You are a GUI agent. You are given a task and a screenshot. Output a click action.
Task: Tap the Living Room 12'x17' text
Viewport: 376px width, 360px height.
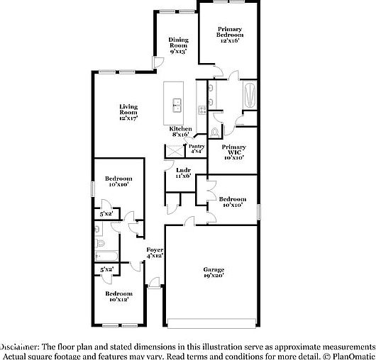pyautogui.click(x=128, y=112)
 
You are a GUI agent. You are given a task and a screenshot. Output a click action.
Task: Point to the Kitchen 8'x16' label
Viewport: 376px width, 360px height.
pyautogui.click(x=179, y=130)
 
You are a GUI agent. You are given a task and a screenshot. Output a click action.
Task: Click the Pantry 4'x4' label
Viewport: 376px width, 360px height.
pyautogui.click(x=197, y=148)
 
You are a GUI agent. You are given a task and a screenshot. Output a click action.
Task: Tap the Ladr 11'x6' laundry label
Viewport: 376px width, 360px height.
pyautogui.click(x=184, y=172)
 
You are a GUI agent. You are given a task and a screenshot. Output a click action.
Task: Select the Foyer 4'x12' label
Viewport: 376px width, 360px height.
pyautogui.click(x=155, y=253)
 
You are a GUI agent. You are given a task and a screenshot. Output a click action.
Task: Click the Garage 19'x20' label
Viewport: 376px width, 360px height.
pyautogui.click(x=214, y=273)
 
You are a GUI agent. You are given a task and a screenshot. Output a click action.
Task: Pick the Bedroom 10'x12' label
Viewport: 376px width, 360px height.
pyautogui.click(x=118, y=296)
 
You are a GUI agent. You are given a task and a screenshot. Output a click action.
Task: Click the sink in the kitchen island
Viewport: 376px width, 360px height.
pyautogui.click(x=176, y=107)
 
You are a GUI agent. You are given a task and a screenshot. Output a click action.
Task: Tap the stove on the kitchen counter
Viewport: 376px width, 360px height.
pyautogui.click(x=203, y=109)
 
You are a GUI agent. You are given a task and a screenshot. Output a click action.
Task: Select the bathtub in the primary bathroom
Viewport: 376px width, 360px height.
pyautogui.click(x=248, y=95)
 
